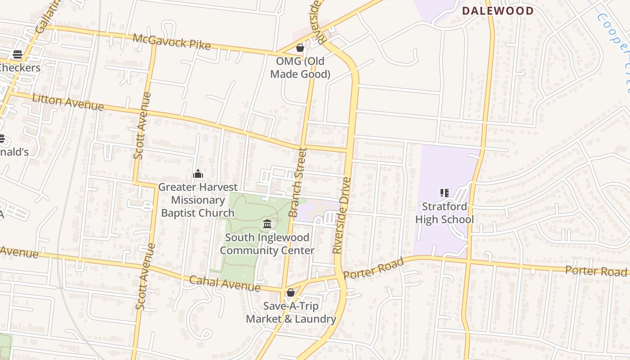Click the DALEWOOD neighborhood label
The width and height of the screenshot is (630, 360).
498,11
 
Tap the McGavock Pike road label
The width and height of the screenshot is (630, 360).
171,41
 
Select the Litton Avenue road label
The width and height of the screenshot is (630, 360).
68,102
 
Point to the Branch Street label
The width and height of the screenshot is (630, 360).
297,182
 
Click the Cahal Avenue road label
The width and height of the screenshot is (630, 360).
225,283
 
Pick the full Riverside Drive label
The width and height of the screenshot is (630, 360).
341,215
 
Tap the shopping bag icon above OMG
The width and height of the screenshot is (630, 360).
300,48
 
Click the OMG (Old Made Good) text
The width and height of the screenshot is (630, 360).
300,67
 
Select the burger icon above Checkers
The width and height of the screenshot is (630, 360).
18,54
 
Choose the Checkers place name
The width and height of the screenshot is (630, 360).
20,68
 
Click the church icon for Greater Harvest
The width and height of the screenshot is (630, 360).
198,174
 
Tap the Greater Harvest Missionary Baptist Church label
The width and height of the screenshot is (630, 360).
198,200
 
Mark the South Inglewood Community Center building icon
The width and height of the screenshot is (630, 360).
267,224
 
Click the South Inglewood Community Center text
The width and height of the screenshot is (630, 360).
267,244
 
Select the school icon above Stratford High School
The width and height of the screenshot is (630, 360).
445,193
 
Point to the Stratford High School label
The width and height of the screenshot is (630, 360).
445,213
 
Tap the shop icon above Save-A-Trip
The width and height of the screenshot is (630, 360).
291,293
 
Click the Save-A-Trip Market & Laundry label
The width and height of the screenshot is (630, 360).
291,313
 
